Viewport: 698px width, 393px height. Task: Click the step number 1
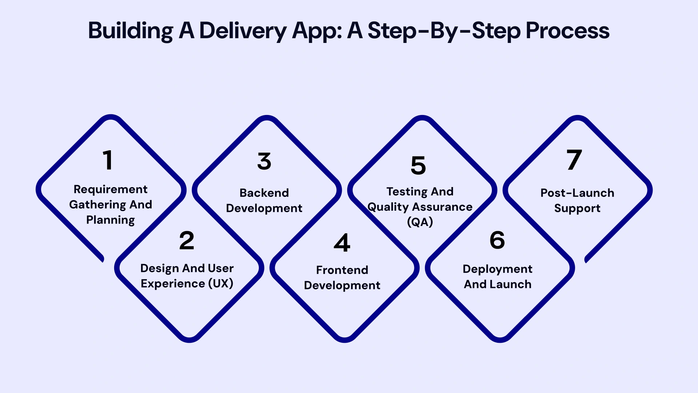click(x=108, y=160)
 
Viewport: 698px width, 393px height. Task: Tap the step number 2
click(x=187, y=241)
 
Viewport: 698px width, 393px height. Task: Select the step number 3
click(x=264, y=161)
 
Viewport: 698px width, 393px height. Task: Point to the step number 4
click(x=342, y=243)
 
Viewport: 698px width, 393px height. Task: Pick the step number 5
click(x=418, y=166)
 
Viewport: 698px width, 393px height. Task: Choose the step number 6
click(x=497, y=240)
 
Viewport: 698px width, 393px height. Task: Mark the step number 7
click(x=574, y=160)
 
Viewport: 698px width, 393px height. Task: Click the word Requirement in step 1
click(x=111, y=189)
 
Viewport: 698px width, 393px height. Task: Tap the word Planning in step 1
click(x=111, y=220)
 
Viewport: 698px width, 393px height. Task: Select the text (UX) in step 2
click(x=221, y=283)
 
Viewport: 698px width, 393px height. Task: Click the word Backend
click(x=264, y=193)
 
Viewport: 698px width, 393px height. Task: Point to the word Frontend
click(x=342, y=270)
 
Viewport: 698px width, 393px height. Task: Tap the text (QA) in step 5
click(x=420, y=222)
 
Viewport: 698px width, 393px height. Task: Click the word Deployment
click(x=497, y=269)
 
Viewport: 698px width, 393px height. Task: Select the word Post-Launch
click(x=577, y=193)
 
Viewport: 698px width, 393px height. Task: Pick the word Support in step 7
click(x=577, y=209)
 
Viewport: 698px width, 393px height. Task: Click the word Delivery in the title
click(x=243, y=31)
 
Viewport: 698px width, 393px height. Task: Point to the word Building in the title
click(x=131, y=31)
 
